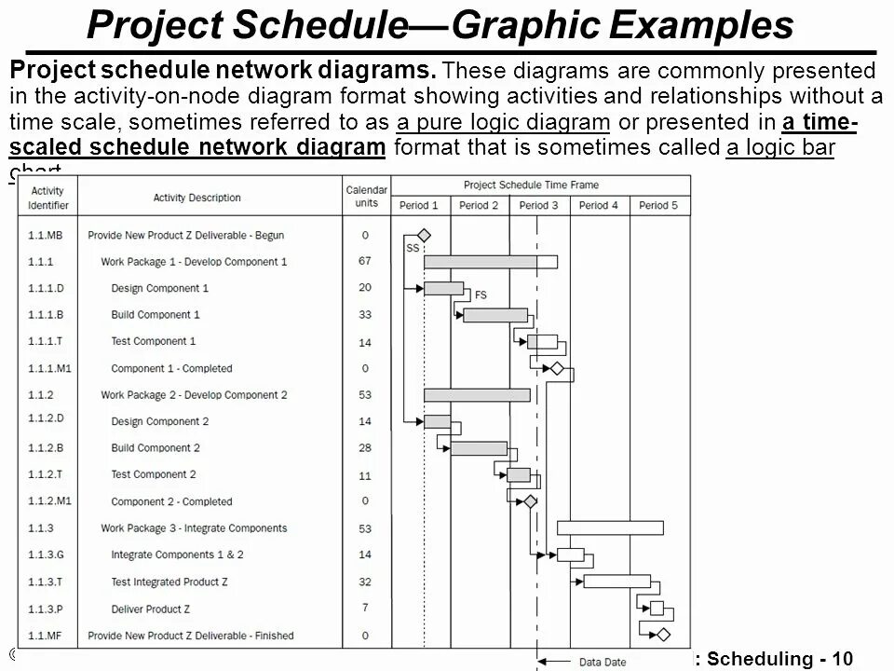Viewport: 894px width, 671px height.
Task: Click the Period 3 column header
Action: point(538,205)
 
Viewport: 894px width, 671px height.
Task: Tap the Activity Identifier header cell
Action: point(48,197)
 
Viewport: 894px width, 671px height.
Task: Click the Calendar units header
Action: point(366,197)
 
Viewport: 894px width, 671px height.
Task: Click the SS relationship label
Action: point(413,248)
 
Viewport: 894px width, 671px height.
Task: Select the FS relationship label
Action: point(481,295)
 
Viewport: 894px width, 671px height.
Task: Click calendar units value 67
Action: point(365,262)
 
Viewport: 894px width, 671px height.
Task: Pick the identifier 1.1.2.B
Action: point(46,448)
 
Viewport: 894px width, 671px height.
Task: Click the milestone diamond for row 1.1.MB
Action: point(424,235)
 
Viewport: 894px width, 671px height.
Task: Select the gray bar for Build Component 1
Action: point(494,315)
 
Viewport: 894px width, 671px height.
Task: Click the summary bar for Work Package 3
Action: point(610,528)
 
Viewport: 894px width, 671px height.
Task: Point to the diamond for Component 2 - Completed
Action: point(530,501)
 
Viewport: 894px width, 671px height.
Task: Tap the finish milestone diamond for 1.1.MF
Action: point(662,635)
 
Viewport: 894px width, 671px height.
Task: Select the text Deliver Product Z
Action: point(151,609)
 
